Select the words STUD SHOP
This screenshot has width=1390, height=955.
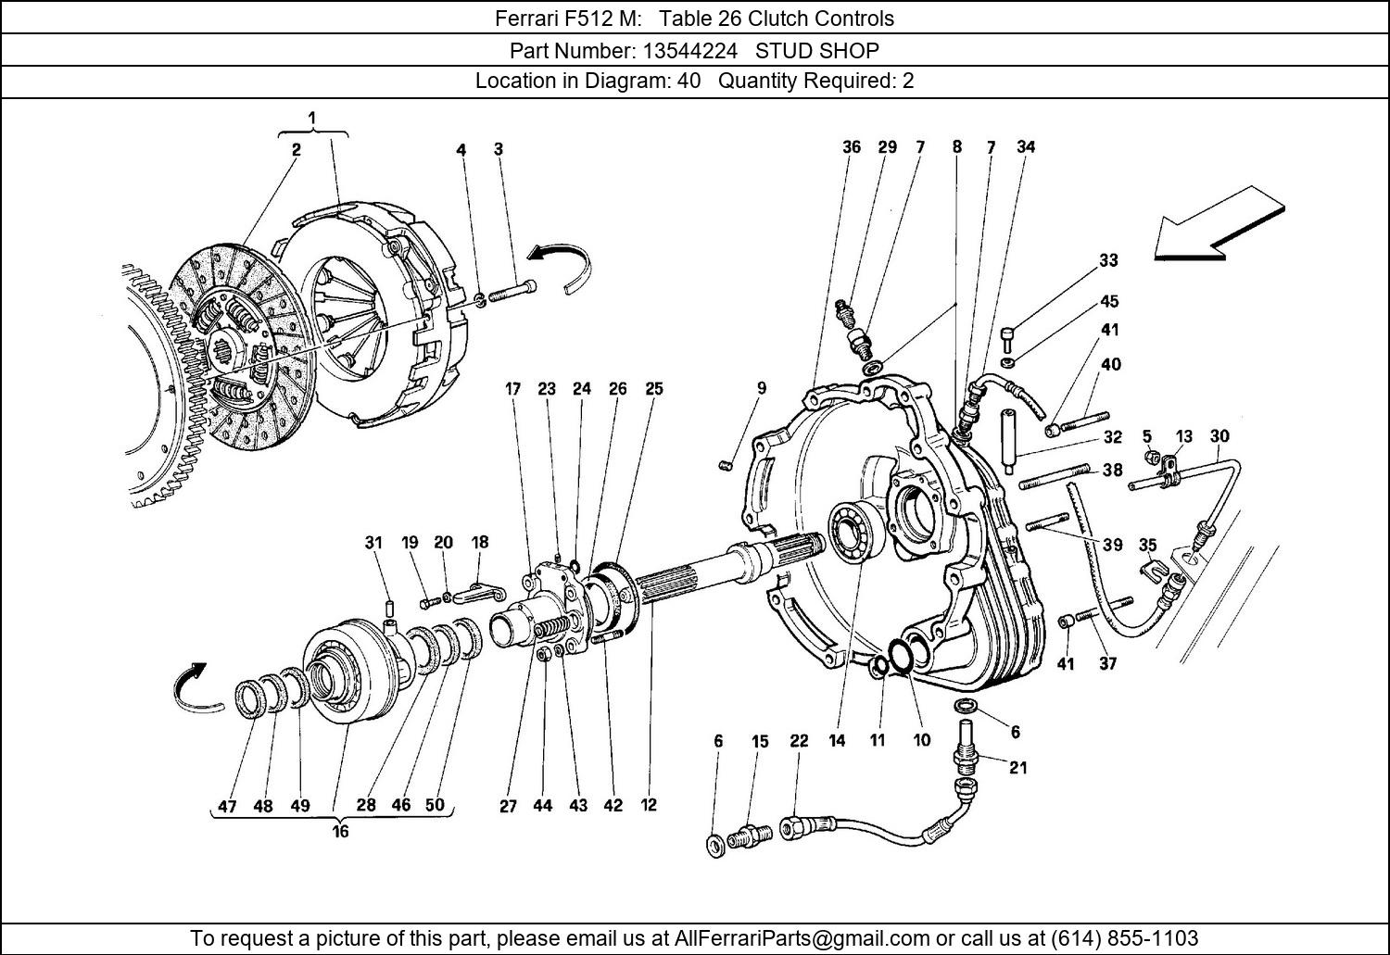click(817, 50)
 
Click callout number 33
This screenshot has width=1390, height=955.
click(1108, 261)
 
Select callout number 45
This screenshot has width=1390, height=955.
click(1108, 301)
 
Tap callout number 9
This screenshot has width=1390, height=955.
click(761, 388)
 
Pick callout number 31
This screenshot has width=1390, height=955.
click(373, 543)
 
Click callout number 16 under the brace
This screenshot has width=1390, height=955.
click(340, 832)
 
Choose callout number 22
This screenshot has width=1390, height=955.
click(799, 741)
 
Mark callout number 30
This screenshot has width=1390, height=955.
click(1219, 436)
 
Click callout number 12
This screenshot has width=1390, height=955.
click(649, 805)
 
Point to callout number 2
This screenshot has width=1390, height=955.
click(296, 149)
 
